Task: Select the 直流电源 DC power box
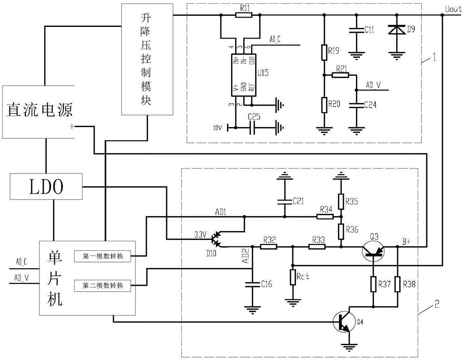tap(39, 111)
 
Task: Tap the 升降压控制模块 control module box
tap(147, 59)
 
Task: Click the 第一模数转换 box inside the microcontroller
tap(103, 256)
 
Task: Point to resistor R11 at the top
tap(244, 15)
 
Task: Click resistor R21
tap(341, 74)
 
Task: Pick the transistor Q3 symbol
tap(374, 251)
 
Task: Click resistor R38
tap(398, 284)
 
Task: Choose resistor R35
tap(341, 201)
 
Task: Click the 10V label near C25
tap(217, 127)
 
